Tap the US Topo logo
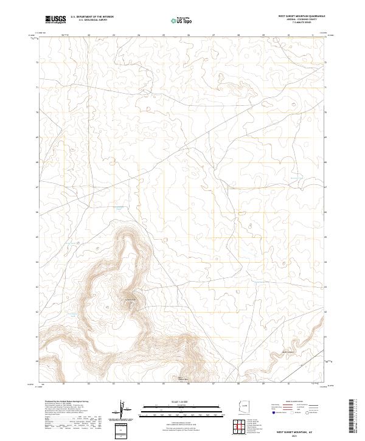[183, 20]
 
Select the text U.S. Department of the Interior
[92, 17]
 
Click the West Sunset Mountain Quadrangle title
[301, 16]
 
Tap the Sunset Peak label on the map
[130, 299]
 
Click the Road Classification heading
[293, 402]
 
